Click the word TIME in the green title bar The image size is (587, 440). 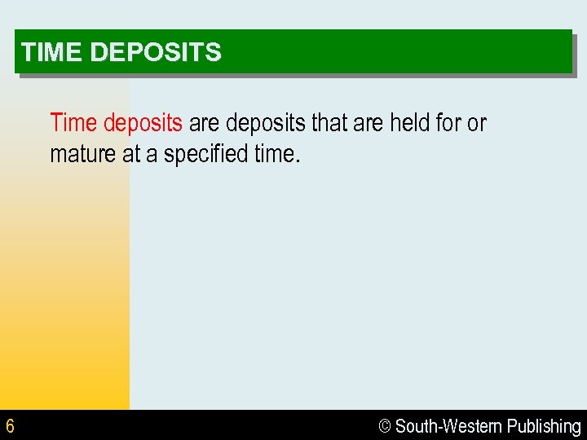pyautogui.click(x=52, y=53)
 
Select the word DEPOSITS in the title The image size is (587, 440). pyautogui.click(x=155, y=53)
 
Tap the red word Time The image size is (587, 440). pyautogui.click(x=73, y=123)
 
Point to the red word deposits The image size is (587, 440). pyautogui.click(x=143, y=124)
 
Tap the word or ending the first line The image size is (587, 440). pyautogui.click(x=477, y=124)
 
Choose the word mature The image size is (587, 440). pyautogui.click(x=83, y=154)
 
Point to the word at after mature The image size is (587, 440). pyautogui.click(x=131, y=154)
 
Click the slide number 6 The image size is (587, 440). pyautogui.click(x=10, y=426)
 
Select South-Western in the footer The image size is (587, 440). pyautogui.click(x=448, y=426)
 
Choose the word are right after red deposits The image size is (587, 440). pyautogui.click(x=205, y=124)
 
